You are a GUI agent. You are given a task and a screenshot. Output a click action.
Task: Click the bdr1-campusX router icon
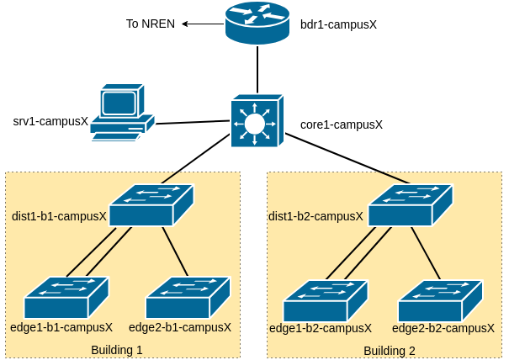pos(257,24)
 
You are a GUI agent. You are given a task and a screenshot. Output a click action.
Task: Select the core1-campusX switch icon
pos(253,122)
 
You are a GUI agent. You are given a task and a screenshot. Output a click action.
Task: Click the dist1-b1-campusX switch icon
pos(151,205)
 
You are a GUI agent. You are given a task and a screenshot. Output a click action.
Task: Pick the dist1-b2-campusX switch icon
pos(410,205)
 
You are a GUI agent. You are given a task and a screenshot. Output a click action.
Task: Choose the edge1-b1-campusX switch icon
pos(66,298)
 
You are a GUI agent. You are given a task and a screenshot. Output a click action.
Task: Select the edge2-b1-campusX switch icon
pos(188,298)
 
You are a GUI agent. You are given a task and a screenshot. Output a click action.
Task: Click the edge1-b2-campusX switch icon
pos(326,301)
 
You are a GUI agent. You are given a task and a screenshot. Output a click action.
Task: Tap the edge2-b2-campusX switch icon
pos(440,301)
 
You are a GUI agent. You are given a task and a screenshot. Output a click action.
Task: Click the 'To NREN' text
pos(151,24)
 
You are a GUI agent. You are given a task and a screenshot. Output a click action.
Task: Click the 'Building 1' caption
pos(117,349)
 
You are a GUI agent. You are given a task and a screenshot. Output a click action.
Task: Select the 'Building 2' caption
pos(390,350)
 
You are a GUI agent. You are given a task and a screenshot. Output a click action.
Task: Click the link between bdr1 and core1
pos(257,71)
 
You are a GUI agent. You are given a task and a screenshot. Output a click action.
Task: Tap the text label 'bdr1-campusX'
pos(338,24)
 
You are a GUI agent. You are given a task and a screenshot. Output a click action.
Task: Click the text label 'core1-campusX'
pos(342,124)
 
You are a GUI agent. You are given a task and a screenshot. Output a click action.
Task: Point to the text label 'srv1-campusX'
pos(50,121)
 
